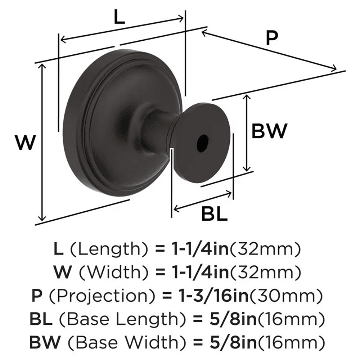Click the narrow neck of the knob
pos(156,133)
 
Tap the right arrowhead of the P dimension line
pos(334,67)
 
